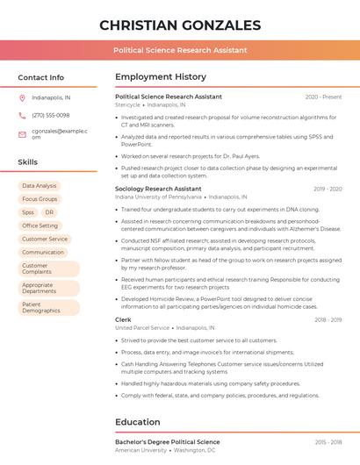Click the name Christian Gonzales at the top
[x=180, y=25]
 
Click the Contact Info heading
[x=41, y=77]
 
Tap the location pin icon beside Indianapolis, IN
[x=22, y=97]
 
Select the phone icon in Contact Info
[x=22, y=115]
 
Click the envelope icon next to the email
[x=22, y=134]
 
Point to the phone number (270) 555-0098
[x=50, y=115]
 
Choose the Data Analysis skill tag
[x=40, y=186]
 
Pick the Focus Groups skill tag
[x=40, y=199]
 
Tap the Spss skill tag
[x=28, y=212]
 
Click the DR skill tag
[x=49, y=212]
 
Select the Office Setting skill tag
[x=40, y=225]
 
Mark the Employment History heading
[x=161, y=77]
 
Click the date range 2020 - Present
[x=323, y=97]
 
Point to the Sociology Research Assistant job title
[x=158, y=189]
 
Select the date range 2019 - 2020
[x=328, y=189]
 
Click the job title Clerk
[x=123, y=319]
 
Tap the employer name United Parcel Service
[x=142, y=328]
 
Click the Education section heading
[x=138, y=422]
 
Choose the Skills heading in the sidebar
[x=28, y=162]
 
